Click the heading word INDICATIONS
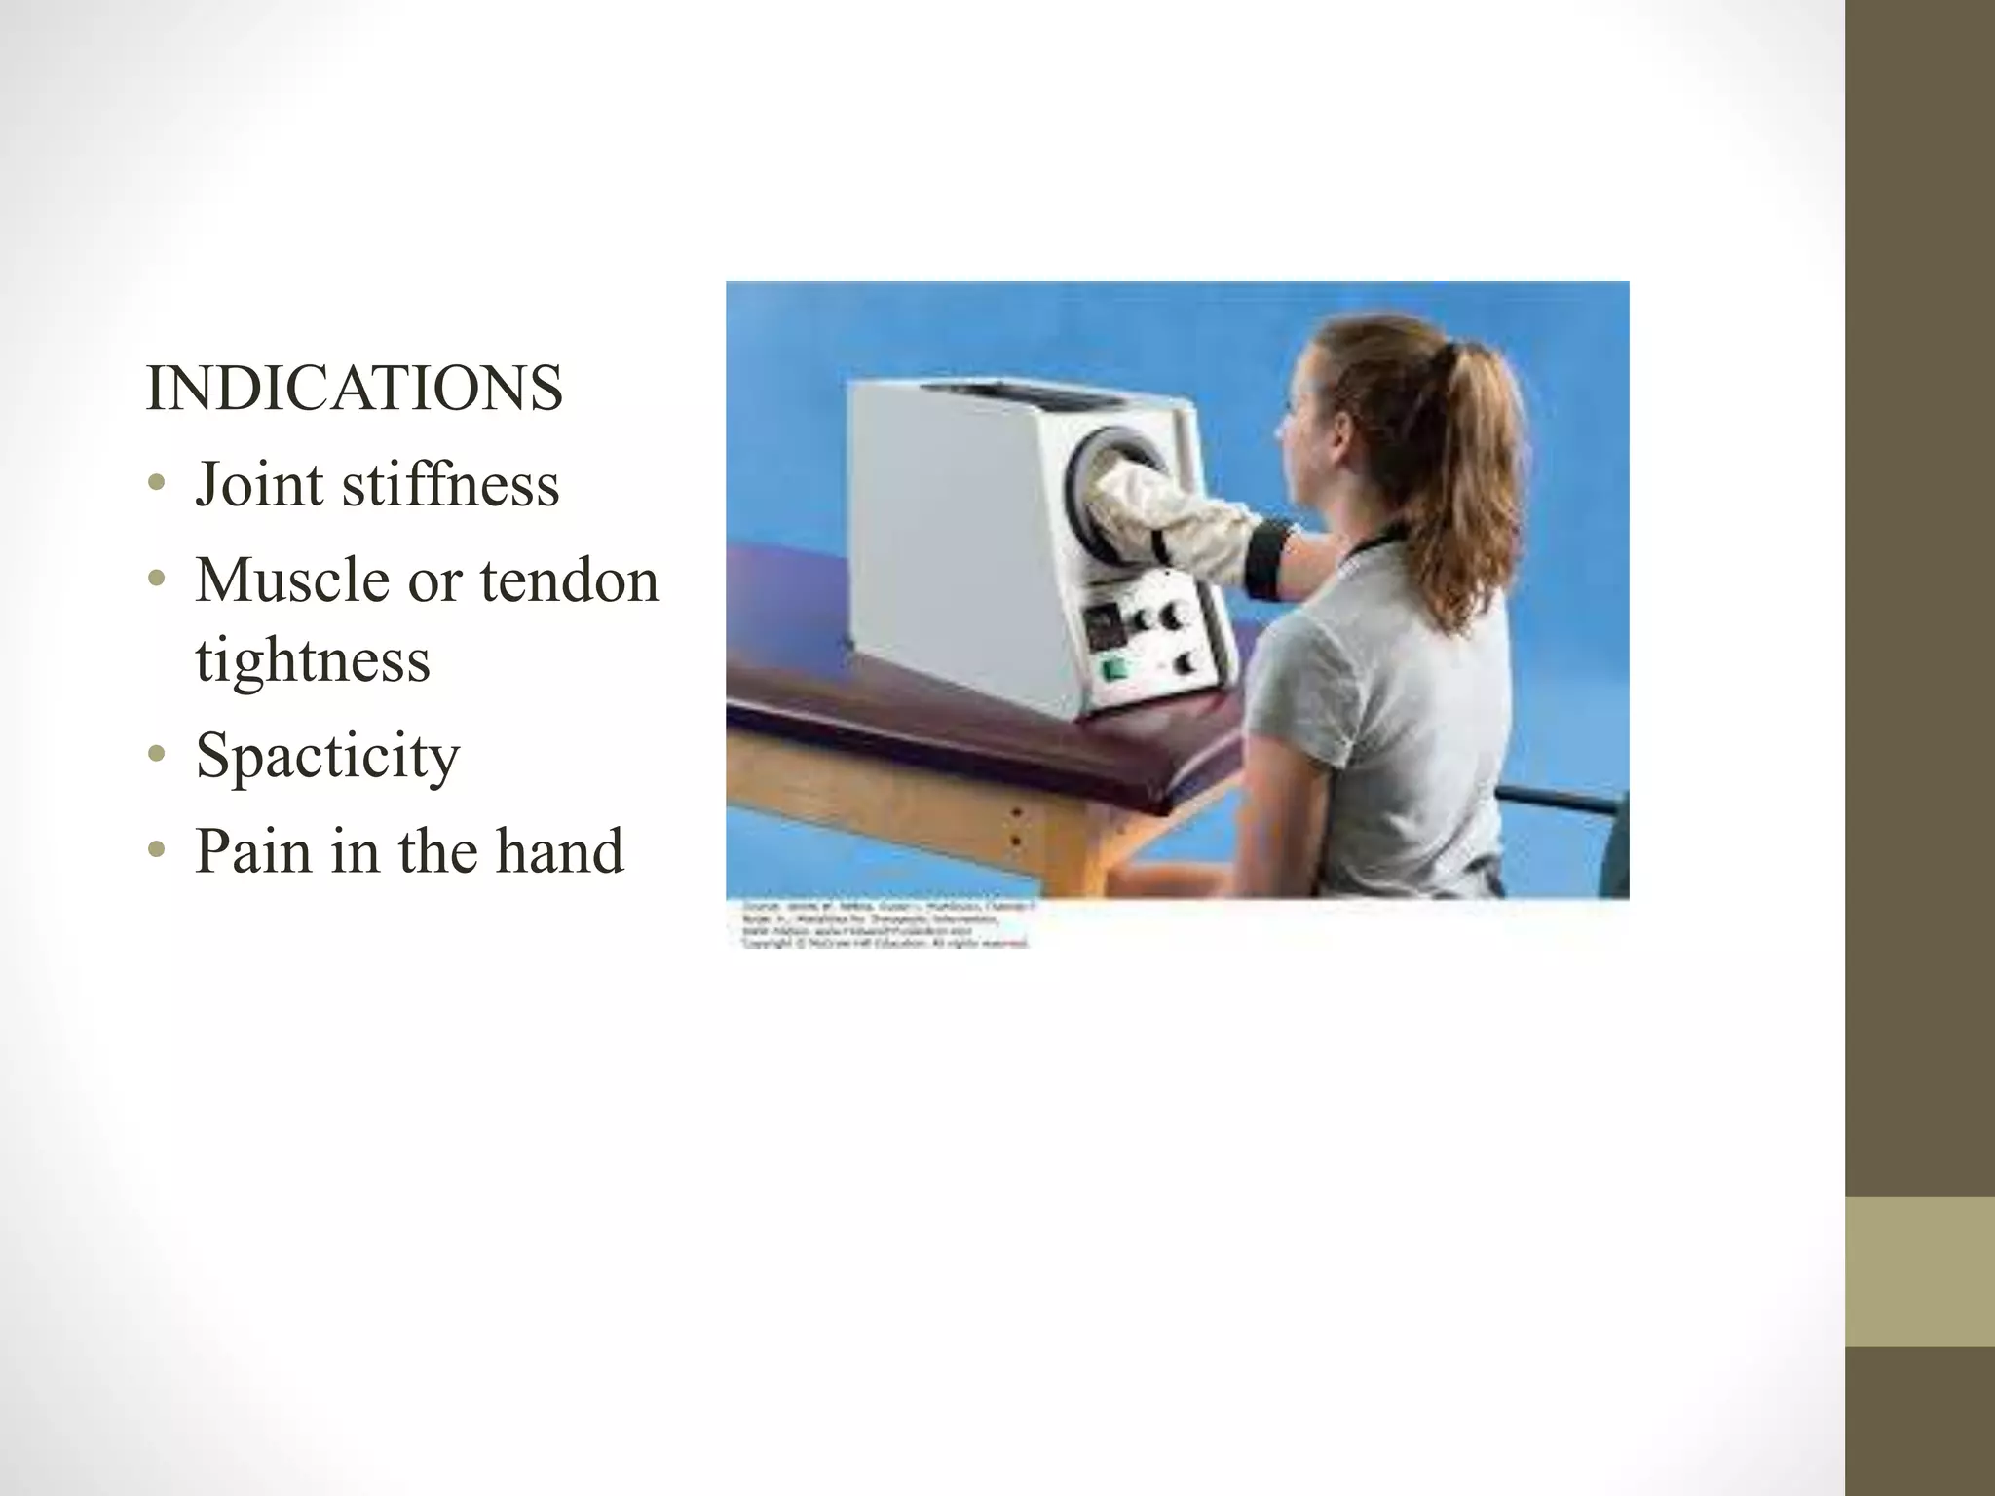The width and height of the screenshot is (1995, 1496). point(354,389)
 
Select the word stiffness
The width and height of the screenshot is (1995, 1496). point(450,484)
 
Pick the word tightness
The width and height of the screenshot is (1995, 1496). point(312,660)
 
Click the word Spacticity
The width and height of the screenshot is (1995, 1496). point(326,756)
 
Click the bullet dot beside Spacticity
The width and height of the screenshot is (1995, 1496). point(156,756)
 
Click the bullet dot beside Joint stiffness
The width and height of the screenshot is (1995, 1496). point(156,484)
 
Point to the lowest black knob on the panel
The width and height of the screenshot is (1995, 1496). point(1186,663)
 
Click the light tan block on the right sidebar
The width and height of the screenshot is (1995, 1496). point(1920,1272)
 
